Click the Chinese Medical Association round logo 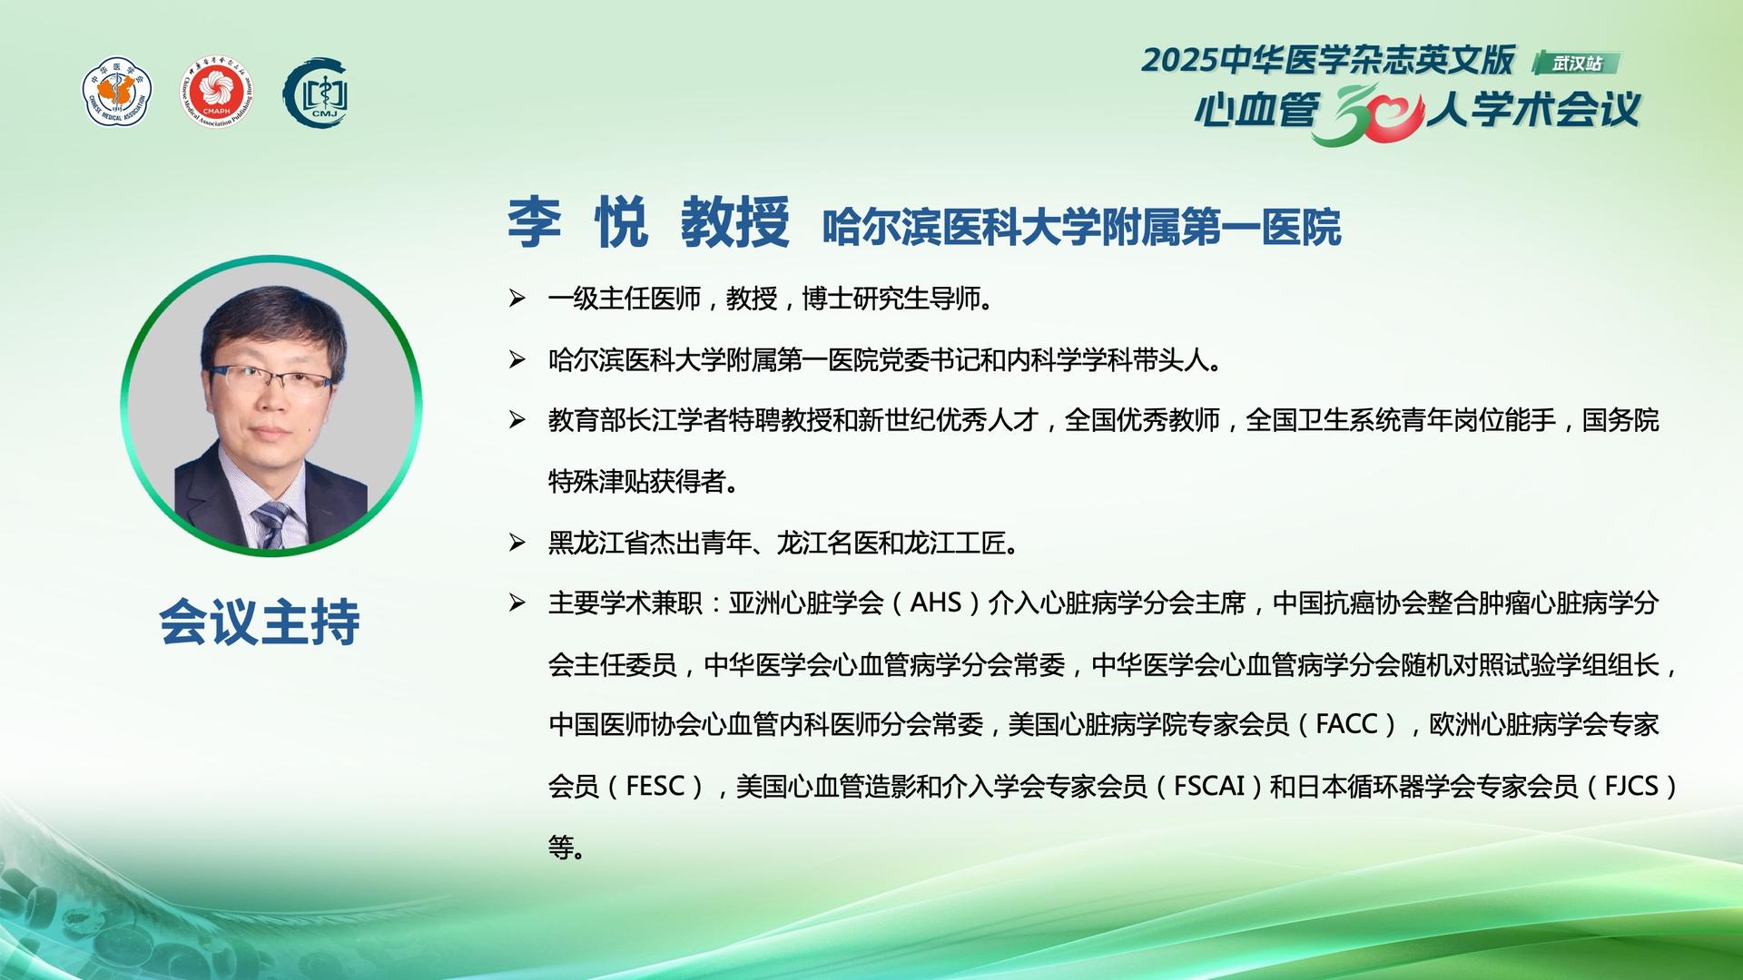117,93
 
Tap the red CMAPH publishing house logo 216,93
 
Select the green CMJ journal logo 317,93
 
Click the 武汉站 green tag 1577,64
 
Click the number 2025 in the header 1179,61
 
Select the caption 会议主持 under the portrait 260,622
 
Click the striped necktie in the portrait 271,524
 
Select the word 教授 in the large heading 735,221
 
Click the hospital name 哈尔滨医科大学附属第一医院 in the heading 1081,228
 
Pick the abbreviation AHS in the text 935,603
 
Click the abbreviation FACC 1347,724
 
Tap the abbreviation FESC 655,786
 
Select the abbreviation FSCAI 1209,786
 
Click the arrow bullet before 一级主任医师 517,299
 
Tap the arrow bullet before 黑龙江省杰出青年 517,544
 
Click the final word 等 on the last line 560,848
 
